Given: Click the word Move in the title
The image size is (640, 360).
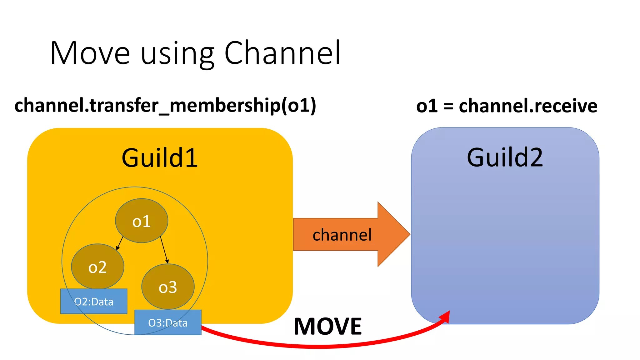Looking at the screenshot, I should [90, 53].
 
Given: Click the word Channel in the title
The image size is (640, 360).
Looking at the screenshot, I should [282, 53].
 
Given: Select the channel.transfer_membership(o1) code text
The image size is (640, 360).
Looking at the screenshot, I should [165, 106].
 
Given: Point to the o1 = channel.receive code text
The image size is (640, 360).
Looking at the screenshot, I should [507, 106].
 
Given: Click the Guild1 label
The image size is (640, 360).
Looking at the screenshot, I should [159, 158].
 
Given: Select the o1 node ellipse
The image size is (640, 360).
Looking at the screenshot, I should [142, 221].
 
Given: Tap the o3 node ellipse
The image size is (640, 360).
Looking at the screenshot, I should [168, 287].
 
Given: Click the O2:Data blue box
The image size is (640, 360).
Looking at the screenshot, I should [94, 302].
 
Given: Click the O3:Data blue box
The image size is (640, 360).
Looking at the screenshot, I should [168, 322].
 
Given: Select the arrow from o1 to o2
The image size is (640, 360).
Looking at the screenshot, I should [120, 243].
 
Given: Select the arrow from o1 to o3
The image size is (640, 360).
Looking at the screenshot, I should [164, 250].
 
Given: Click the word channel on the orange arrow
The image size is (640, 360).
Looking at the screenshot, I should [342, 235].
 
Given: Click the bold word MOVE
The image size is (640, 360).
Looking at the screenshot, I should [328, 327].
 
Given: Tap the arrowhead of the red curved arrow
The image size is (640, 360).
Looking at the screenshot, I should [445, 316].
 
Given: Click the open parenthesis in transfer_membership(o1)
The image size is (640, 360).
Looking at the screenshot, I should [284, 106].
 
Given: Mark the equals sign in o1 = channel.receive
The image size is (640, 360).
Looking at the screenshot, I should [448, 106].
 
